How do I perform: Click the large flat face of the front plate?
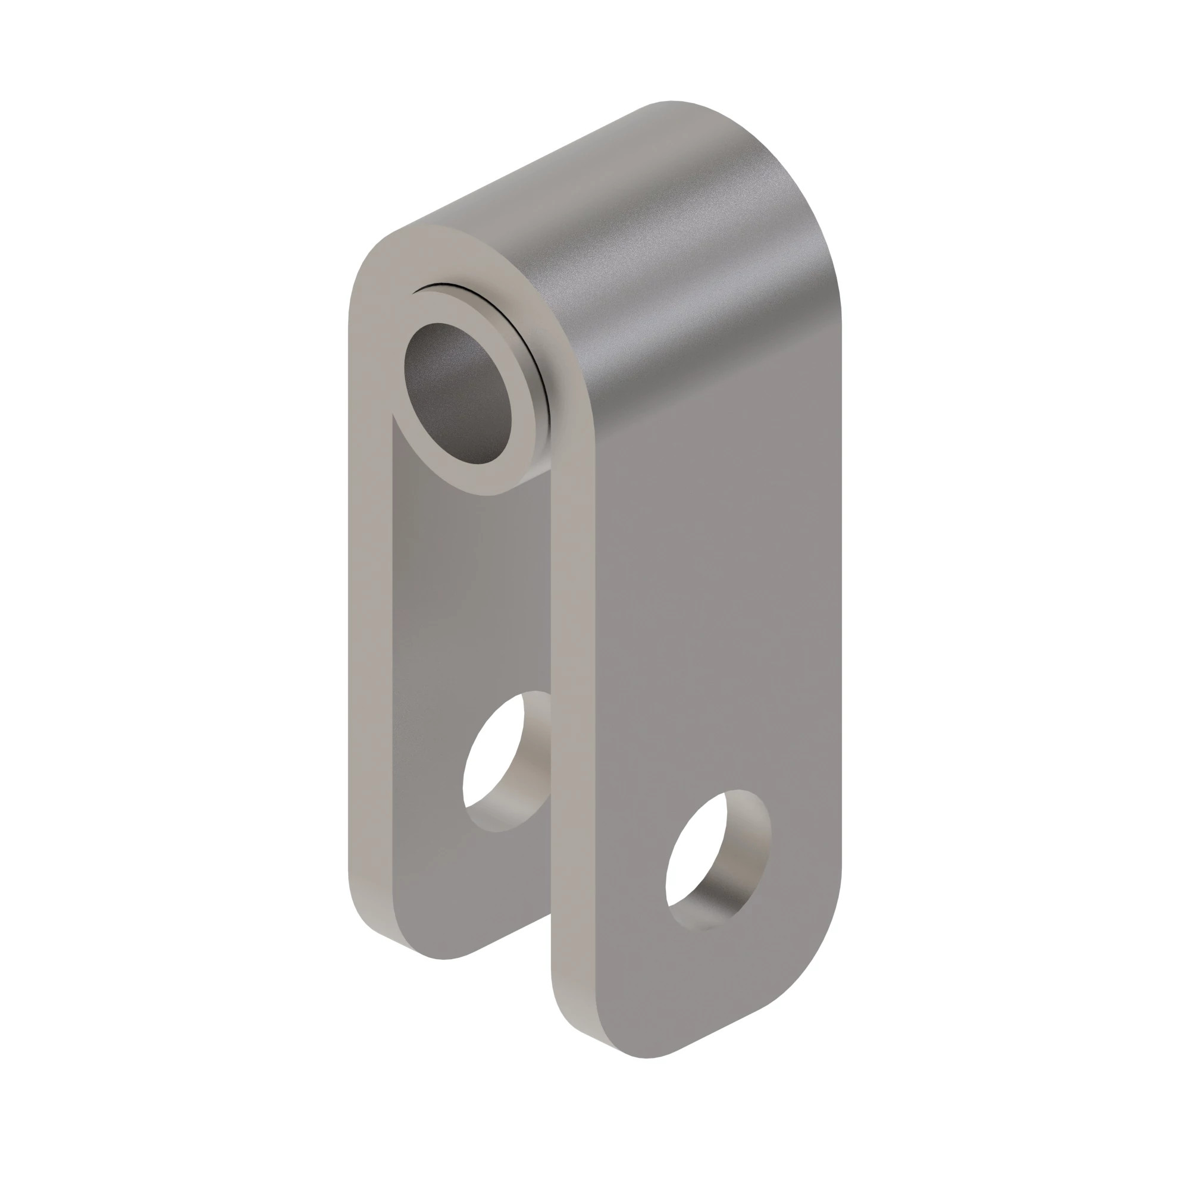[x=708, y=585]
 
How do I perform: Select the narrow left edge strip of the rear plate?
[x=369, y=616]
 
